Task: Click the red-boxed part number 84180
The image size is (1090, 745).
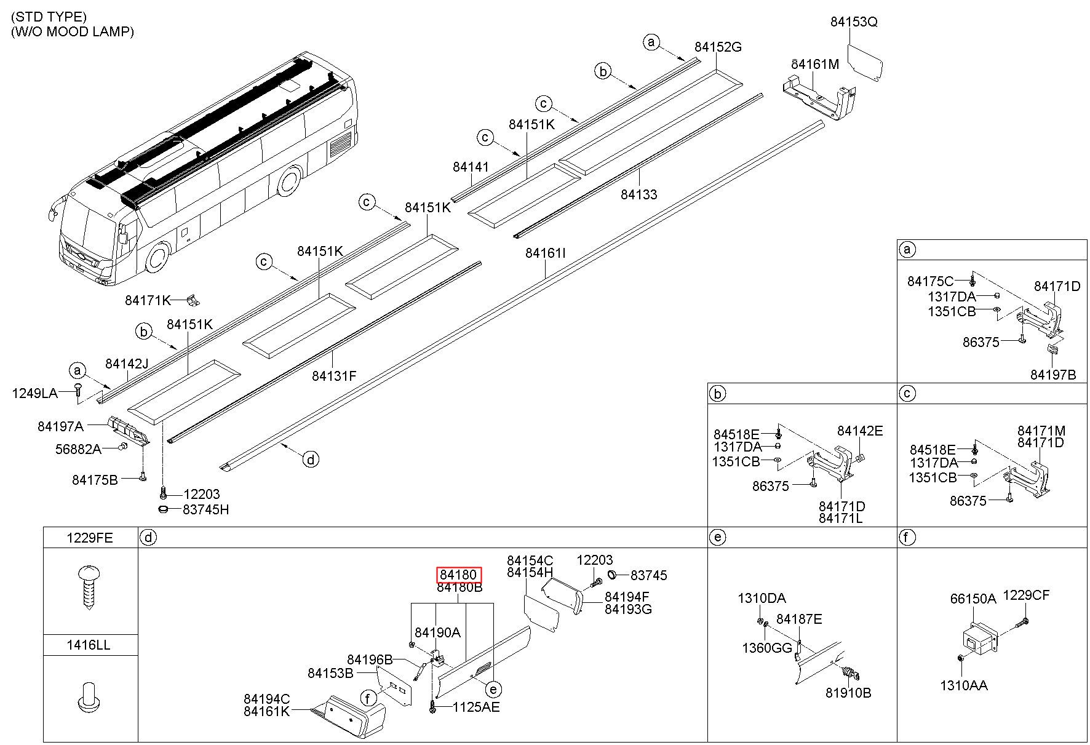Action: (458, 575)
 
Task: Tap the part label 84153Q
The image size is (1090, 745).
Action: (854, 22)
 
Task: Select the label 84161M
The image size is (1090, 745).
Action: (815, 64)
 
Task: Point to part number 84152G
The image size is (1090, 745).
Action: (718, 47)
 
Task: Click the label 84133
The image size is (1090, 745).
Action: (638, 194)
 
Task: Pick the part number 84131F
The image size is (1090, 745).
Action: (334, 375)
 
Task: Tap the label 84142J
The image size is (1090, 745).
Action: (127, 364)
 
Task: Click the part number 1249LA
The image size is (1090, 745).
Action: (35, 392)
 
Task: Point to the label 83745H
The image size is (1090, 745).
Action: (205, 509)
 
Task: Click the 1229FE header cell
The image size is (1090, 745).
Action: (90, 538)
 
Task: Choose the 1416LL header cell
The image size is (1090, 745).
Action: (90, 645)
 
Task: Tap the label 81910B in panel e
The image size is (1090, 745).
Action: (848, 693)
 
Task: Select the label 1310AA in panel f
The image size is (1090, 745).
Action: (963, 685)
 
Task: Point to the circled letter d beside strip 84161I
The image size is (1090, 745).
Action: (311, 459)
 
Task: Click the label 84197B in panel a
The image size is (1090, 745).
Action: (1054, 375)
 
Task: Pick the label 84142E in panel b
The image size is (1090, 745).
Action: (860, 431)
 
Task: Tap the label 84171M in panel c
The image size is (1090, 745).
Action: (1041, 431)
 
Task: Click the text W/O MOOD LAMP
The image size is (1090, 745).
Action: (73, 31)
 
